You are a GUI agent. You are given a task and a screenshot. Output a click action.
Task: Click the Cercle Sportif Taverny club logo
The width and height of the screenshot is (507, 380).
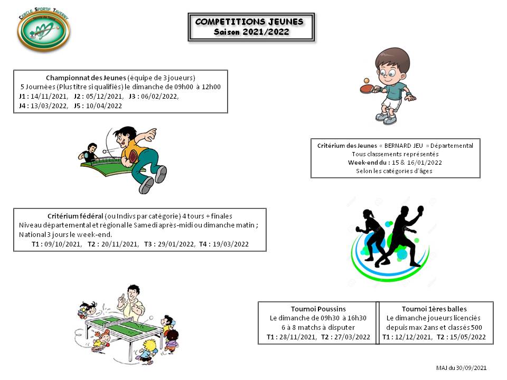pos(44,30)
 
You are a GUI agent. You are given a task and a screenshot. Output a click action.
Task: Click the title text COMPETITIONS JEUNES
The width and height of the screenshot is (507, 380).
pos(249,22)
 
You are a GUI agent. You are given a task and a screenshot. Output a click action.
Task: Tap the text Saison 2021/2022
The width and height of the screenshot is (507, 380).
pos(251,32)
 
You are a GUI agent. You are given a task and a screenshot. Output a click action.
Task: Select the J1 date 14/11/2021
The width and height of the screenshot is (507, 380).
pos(48,97)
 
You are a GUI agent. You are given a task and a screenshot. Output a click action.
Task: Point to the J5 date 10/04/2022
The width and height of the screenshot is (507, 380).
pos(104,106)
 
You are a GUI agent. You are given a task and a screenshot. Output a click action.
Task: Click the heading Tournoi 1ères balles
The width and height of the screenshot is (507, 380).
pos(434,309)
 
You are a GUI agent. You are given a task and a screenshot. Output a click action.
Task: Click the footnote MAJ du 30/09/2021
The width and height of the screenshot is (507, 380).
pos(461,368)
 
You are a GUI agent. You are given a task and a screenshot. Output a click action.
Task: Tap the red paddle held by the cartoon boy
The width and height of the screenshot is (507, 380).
pos(365,89)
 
